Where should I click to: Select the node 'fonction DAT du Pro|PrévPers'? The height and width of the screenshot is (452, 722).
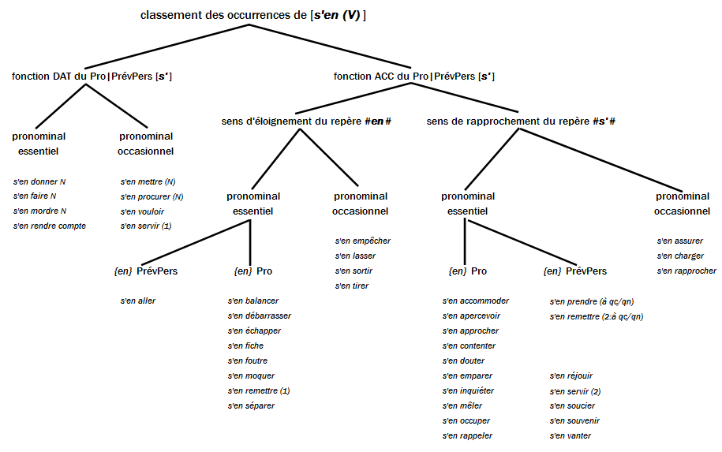(91, 77)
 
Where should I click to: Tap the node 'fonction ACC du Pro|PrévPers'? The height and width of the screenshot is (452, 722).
(413, 77)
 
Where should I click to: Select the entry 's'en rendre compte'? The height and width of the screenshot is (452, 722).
(50, 226)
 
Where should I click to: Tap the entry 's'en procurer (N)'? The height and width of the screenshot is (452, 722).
(152, 196)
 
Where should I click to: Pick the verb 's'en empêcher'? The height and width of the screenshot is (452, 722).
(362, 241)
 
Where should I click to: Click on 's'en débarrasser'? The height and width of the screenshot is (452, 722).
(259, 316)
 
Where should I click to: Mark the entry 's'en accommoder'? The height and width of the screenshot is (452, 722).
(475, 301)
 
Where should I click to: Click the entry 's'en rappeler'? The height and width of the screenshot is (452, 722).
(467, 435)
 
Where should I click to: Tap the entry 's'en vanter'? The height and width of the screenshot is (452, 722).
(570, 435)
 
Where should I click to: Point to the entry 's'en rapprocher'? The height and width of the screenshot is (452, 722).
(686, 271)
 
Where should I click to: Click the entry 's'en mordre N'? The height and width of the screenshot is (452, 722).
(39, 211)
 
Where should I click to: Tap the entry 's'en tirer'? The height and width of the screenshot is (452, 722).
(351, 286)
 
